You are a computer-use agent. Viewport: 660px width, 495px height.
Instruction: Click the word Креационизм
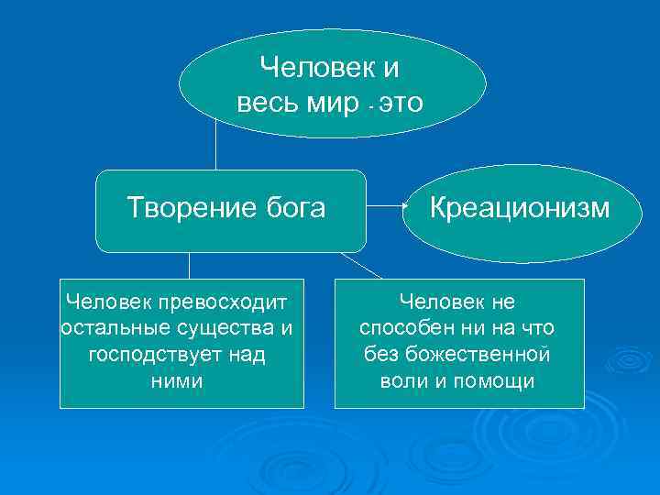click(519, 208)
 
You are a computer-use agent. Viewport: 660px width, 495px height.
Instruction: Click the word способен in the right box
click(403, 327)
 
